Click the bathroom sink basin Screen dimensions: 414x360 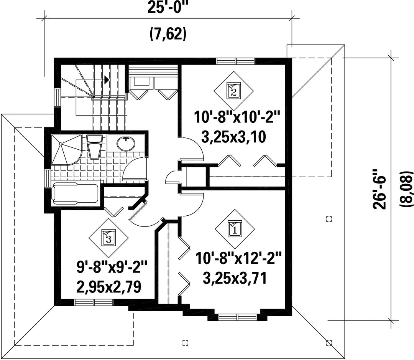coord(126,144)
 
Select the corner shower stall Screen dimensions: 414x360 coord(66,150)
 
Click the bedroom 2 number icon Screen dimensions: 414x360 coord(233,91)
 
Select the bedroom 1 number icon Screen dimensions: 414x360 coord(235,229)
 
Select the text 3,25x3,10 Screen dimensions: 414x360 coord(233,137)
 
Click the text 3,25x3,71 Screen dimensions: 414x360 coord(235,278)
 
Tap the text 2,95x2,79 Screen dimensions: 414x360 coord(108,287)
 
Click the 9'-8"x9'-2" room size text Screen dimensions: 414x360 coord(112,268)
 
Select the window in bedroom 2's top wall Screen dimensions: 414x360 coord(236,61)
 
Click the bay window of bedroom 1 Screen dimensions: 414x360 coord(237,317)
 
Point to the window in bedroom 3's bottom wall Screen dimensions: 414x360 coord(94,302)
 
